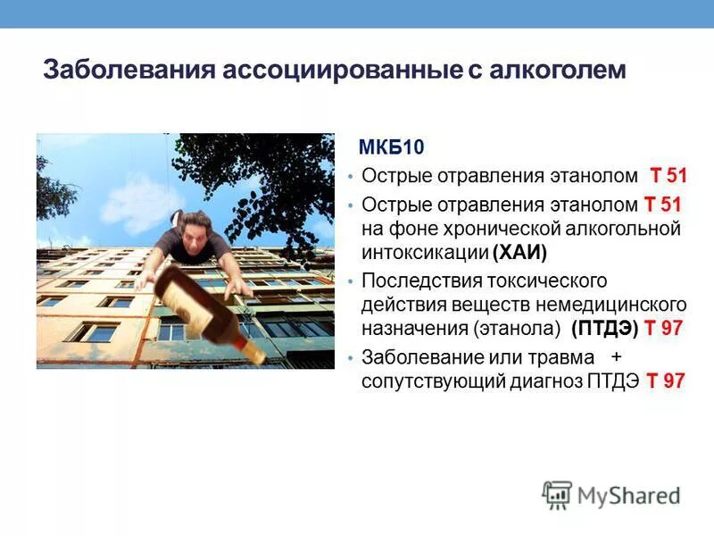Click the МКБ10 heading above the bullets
pos(387,147)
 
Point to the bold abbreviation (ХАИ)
pos(519,250)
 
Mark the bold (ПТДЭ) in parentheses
pos(605,327)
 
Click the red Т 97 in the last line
pos(666,381)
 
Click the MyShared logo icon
pos(557,495)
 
